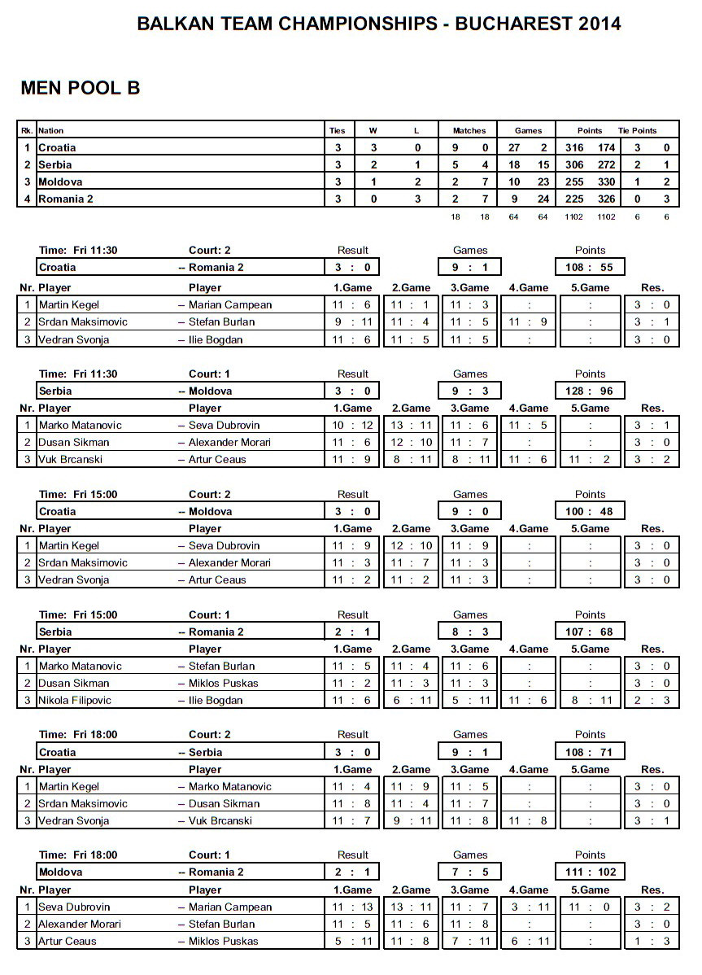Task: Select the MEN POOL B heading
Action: click(x=81, y=89)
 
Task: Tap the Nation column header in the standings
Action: click(x=50, y=130)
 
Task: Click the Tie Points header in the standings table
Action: click(x=637, y=130)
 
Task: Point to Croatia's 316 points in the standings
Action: click(x=574, y=147)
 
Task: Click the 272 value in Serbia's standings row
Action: click(x=605, y=164)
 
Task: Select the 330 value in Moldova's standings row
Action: click(x=605, y=181)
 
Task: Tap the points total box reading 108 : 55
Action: click(x=590, y=267)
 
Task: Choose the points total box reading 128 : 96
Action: click(x=590, y=391)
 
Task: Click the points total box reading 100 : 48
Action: click(x=590, y=511)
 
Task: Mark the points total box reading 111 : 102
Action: click(x=590, y=872)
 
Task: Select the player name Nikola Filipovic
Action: click(x=75, y=700)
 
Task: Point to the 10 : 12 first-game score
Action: click(x=352, y=425)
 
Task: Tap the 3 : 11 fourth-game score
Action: click(x=530, y=907)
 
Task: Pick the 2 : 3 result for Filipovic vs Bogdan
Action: click(x=652, y=700)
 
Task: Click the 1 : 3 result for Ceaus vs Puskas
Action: click(x=652, y=941)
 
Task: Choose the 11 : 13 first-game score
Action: click(x=352, y=907)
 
